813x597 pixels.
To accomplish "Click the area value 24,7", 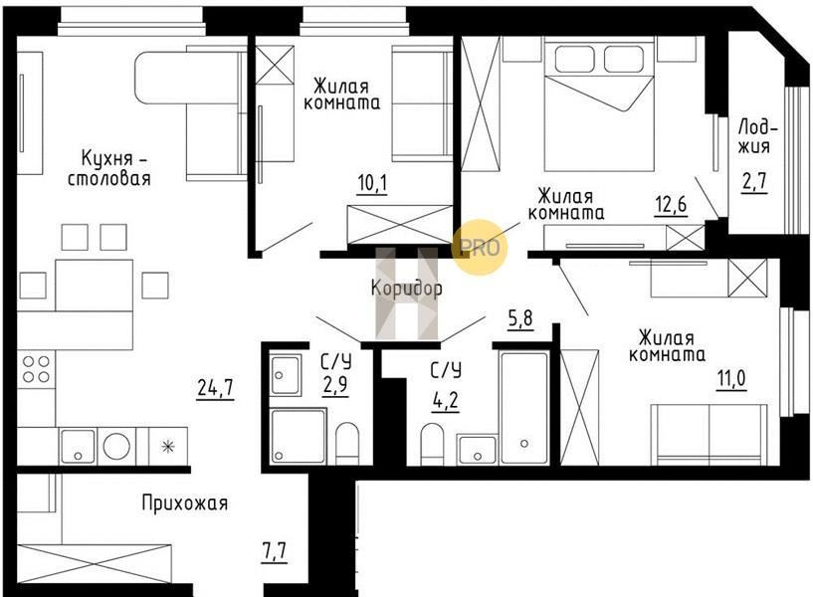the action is [215, 388].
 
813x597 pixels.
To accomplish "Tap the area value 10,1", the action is [372, 183].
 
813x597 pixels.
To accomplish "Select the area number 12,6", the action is [671, 205].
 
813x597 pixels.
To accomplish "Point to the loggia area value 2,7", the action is [754, 182].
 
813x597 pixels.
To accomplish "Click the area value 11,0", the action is [731, 379].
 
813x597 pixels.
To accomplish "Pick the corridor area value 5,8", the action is [520, 318].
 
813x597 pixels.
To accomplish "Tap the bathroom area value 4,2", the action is [446, 401].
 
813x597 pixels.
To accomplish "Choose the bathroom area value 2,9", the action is [335, 385].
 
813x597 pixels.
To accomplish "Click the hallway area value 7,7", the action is [275, 552].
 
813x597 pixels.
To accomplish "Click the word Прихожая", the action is [185, 502].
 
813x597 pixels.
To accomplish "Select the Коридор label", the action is [406, 289].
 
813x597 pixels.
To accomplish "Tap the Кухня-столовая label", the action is [109, 168].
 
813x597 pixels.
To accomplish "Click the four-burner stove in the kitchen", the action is [36, 369].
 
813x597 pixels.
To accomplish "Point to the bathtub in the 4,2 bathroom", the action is [523, 407].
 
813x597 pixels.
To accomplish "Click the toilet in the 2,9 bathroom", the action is [346, 444].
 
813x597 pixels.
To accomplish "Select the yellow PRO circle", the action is [479, 247].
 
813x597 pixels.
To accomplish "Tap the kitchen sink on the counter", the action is [78, 446].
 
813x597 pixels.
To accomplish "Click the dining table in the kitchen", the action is [94, 285].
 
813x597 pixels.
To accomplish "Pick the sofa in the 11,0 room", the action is [709, 434].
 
